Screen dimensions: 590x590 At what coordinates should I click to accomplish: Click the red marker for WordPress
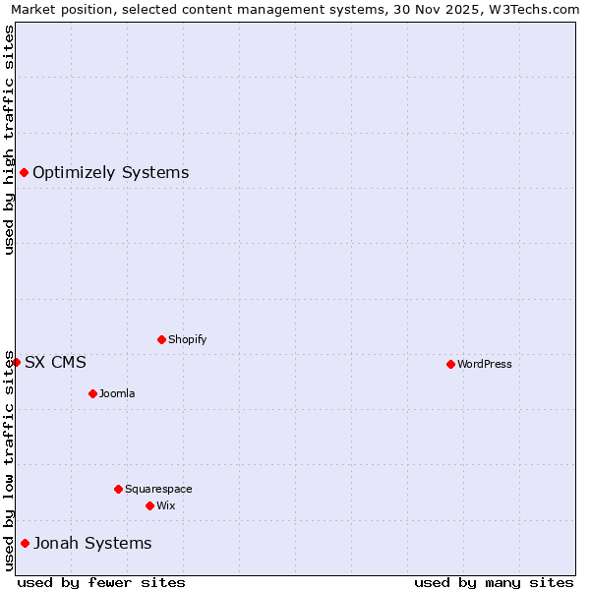click(450, 364)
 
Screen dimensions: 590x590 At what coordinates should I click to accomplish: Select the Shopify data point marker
click(161, 339)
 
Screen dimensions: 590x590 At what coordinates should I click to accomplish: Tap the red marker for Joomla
click(92, 393)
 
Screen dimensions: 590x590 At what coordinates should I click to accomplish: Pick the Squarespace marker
click(118, 489)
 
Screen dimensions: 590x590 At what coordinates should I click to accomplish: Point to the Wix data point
click(149, 505)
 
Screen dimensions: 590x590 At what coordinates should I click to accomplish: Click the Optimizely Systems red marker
click(24, 173)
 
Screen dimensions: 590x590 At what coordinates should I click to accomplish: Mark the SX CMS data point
click(16, 362)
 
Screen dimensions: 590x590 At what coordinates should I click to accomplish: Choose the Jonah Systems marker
click(25, 543)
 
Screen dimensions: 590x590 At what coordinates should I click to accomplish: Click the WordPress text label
click(485, 364)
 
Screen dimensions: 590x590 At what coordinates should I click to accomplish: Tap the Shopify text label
click(188, 339)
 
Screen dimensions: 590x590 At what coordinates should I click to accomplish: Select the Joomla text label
click(117, 393)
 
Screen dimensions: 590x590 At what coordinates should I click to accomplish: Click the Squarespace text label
click(158, 489)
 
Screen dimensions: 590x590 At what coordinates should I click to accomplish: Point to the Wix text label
click(166, 505)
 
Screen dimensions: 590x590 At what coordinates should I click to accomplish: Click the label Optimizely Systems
click(111, 173)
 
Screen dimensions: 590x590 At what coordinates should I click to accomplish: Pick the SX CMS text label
click(55, 362)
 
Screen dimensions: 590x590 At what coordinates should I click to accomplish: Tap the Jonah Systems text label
click(93, 543)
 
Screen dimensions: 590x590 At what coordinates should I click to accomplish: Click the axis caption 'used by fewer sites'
click(101, 582)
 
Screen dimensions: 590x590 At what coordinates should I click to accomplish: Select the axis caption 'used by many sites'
click(494, 582)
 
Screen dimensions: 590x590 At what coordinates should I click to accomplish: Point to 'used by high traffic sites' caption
click(9, 140)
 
